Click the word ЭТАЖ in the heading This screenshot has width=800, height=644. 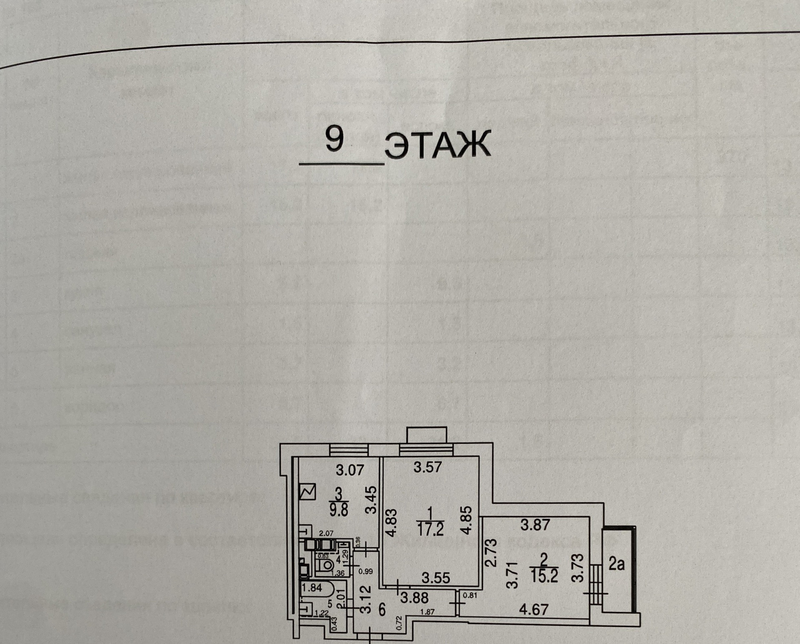(437, 145)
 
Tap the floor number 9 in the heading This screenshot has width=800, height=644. (334, 140)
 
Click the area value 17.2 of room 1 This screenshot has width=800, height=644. (430, 529)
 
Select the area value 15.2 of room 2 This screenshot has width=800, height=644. (544, 576)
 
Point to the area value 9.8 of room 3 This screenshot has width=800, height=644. (339, 510)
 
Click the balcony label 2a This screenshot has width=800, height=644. (616, 564)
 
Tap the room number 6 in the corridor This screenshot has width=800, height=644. (382, 610)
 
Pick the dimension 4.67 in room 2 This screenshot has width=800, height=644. (534, 610)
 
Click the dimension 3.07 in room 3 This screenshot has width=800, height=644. (350, 471)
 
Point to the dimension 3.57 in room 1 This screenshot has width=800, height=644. (427, 467)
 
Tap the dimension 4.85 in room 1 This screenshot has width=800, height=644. (467, 520)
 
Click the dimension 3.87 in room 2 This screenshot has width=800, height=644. (535, 525)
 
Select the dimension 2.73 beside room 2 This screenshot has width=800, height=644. (492, 552)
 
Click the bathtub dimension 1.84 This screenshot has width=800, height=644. (312, 588)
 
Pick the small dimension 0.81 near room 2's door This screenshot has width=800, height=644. (470, 595)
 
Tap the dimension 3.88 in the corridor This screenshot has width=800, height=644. (414, 598)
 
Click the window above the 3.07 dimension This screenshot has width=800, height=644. (348, 450)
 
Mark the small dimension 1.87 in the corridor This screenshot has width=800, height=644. (427, 612)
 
